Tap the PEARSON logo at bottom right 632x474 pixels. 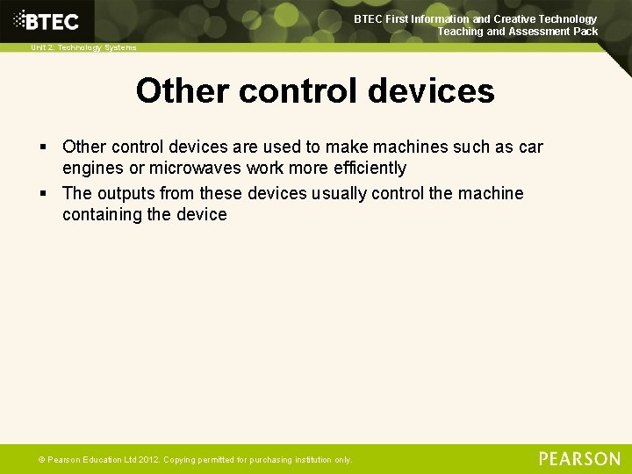point(579,459)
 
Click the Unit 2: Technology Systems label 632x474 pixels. point(83,47)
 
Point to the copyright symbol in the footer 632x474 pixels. point(40,460)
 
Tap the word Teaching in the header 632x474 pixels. point(460,32)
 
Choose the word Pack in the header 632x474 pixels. point(585,32)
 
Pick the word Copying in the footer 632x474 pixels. point(179,460)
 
